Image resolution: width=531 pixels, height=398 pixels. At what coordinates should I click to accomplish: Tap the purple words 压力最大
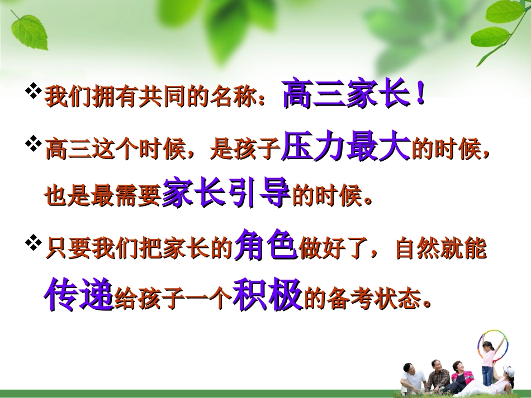click(x=347, y=149)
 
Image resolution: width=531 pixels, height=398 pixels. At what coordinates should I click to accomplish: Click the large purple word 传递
click(x=79, y=295)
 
